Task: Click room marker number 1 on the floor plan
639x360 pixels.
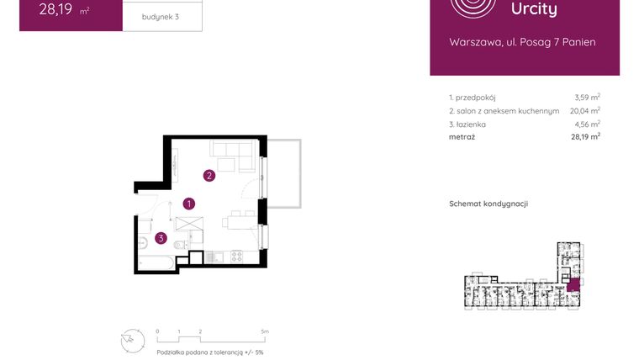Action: pos(190,203)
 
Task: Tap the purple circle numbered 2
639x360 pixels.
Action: pos(209,176)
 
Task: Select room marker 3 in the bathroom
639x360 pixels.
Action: pos(161,238)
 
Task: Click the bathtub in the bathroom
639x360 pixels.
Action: pos(156,264)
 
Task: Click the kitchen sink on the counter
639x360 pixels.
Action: pos(219,256)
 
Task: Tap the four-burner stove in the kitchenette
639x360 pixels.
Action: pos(236,256)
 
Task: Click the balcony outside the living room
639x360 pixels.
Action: pos(283,172)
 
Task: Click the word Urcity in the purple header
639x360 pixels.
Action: pos(534,9)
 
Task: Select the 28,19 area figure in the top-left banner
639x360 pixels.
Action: pos(55,11)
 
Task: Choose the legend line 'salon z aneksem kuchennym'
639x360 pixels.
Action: pos(504,110)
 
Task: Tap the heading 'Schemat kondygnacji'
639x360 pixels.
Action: pos(488,204)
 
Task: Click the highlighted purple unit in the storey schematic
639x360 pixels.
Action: pos(573,284)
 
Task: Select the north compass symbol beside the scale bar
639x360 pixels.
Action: pos(132,339)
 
